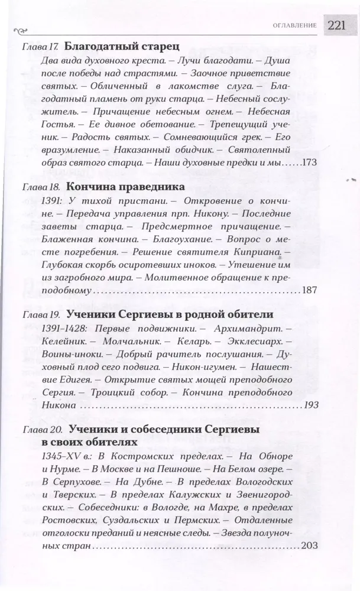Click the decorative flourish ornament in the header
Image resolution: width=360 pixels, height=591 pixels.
[22, 27]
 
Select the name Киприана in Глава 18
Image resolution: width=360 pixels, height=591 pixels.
[257, 252]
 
